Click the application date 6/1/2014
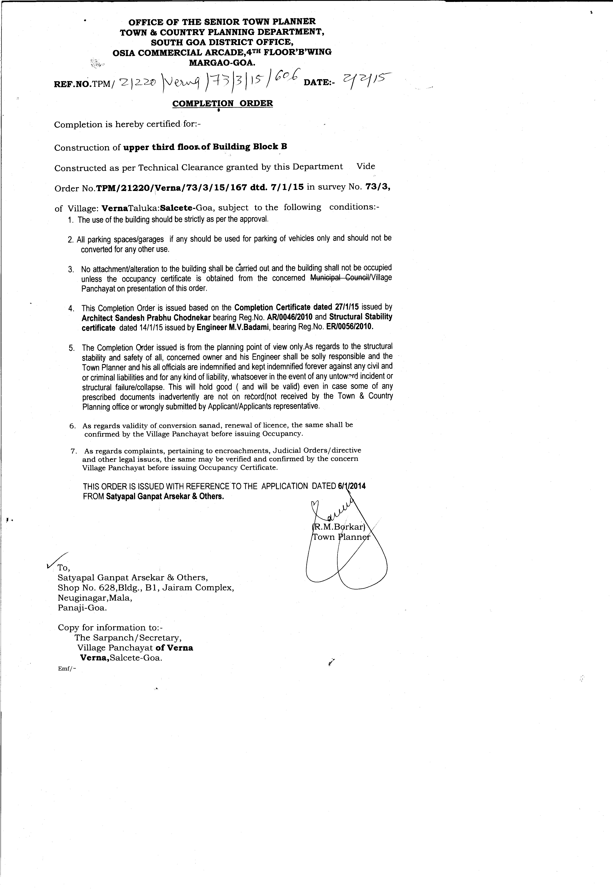click(351, 486)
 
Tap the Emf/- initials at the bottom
click(67, 668)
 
